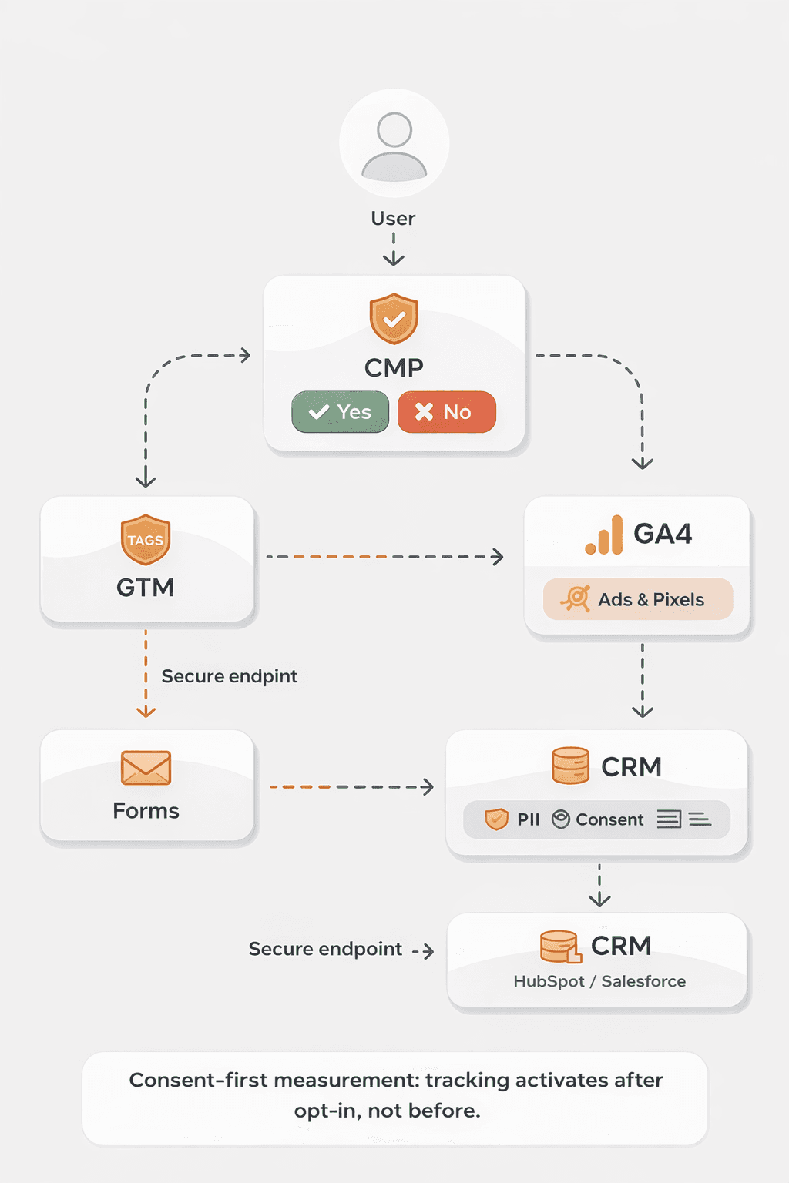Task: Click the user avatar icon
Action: pos(394,144)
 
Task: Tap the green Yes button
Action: pos(340,412)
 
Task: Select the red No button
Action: pos(446,412)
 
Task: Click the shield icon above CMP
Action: pos(394,318)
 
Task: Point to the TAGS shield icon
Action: pos(145,539)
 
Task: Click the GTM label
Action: pos(145,588)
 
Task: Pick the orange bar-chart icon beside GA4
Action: pos(604,535)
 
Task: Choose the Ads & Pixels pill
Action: pos(637,599)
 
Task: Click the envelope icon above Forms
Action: pos(146,768)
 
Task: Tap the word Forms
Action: pos(146,811)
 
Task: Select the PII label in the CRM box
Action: pos(529,819)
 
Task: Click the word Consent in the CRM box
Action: pos(609,819)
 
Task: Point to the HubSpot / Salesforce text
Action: pos(599,981)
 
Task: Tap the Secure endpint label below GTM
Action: pos(229,676)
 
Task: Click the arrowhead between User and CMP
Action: pos(394,259)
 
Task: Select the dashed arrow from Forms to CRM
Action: pos(351,787)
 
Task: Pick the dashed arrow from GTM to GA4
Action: pos(384,556)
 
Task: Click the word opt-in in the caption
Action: pos(325,1111)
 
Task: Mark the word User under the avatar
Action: pos(393,219)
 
